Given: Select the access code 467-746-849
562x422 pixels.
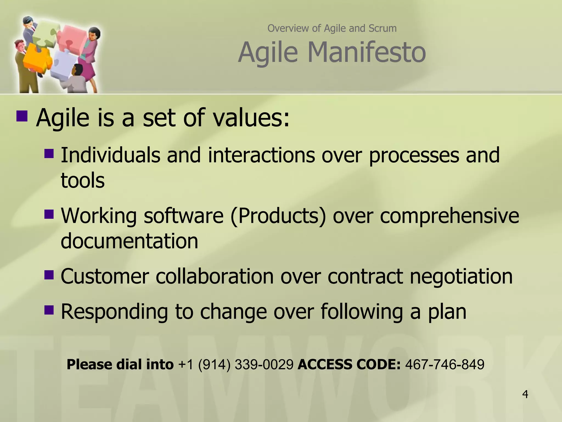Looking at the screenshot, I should pyautogui.click(x=445, y=365).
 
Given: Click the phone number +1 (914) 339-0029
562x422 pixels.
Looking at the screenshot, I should pyautogui.click(x=236, y=365).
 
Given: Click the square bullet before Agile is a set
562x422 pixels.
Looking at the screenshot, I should pyautogui.click(x=22, y=116).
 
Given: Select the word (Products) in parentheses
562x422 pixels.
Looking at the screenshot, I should pyautogui.click(x=278, y=216).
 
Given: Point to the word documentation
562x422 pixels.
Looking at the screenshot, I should pyautogui.click(x=129, y=241).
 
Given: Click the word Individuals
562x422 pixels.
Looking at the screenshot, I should pyautogui.click(x=110, y=155).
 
